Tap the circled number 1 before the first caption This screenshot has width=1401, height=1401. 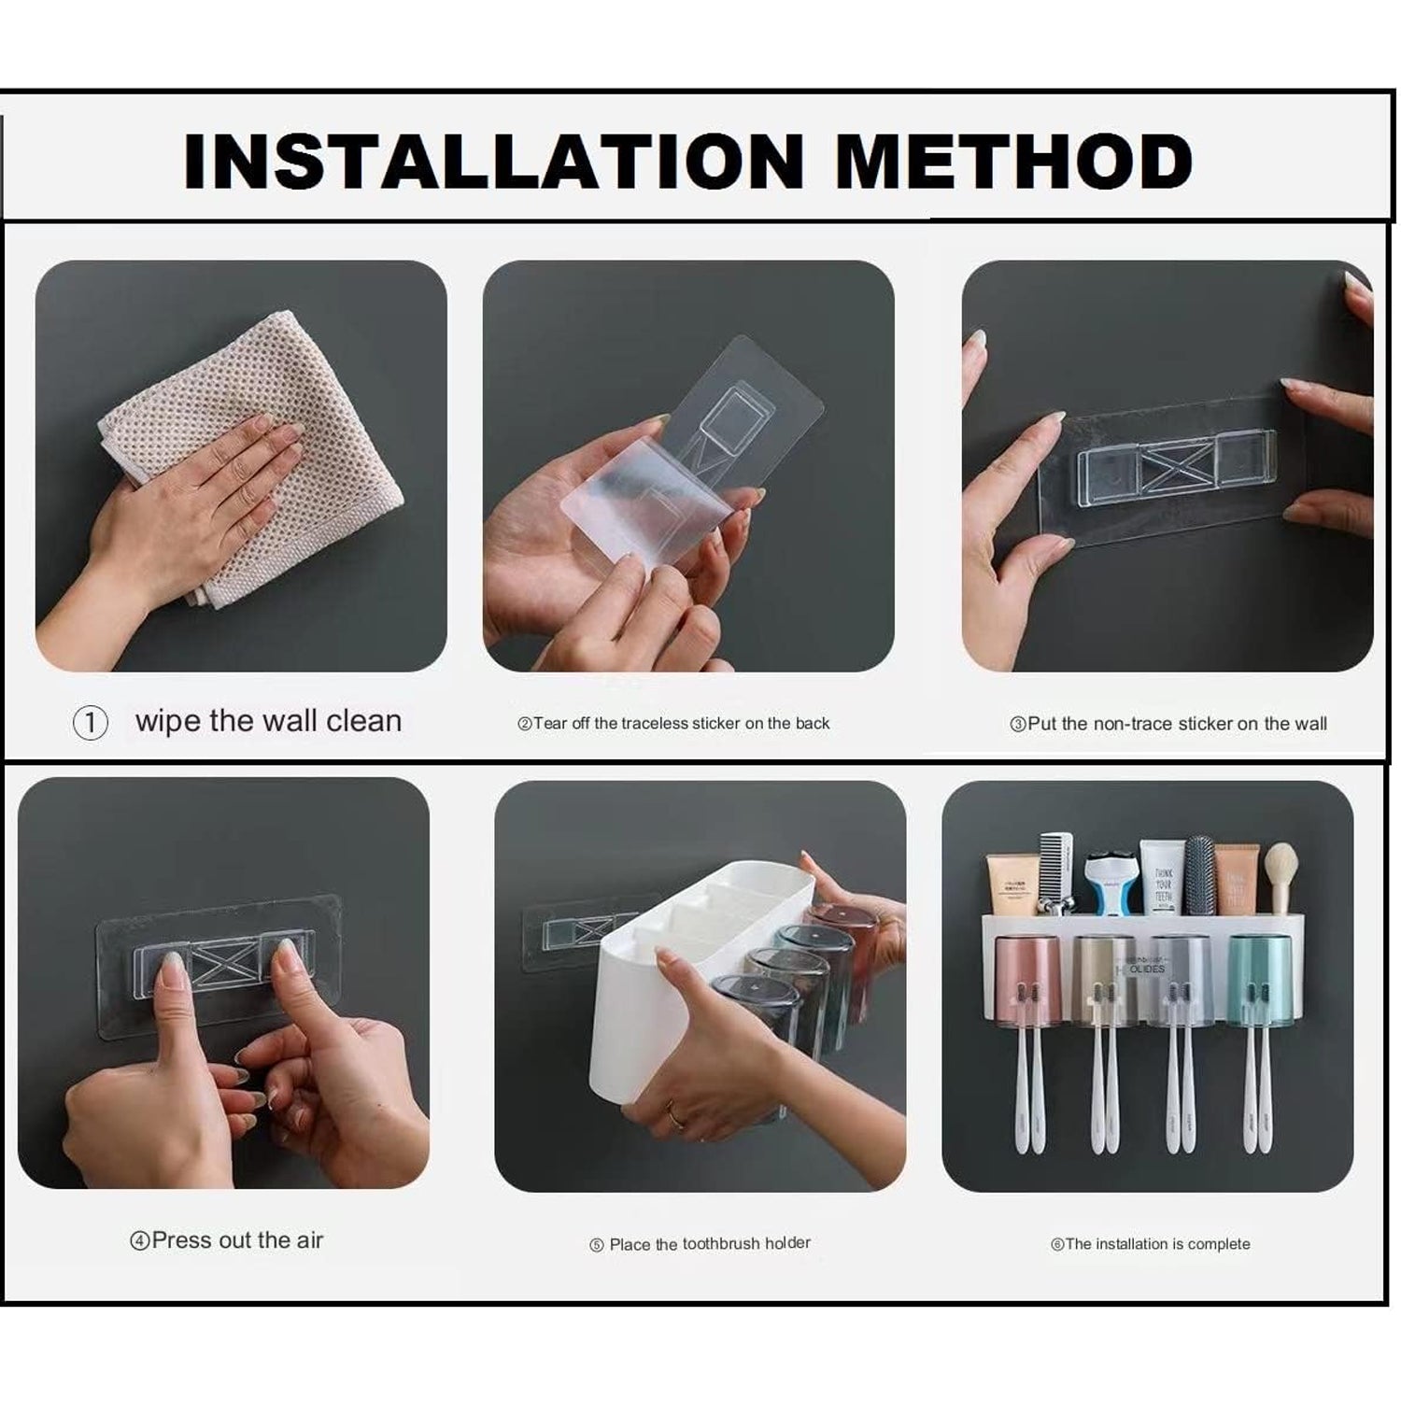coord(91,723)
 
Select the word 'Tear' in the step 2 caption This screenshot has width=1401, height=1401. coord(550,723)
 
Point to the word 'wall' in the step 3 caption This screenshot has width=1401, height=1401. coord(1309,723)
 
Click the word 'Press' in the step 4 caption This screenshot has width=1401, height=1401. coord(181,1240)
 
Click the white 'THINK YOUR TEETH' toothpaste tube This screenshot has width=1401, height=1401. coord(1162,878)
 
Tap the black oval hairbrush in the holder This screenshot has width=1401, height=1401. coord(1200,873)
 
